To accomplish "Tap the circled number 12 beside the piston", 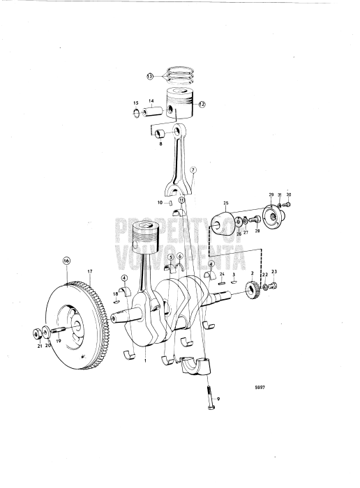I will pos(202,105).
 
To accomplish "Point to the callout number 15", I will pos(136,103).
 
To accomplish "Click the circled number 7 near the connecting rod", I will pos(193,169).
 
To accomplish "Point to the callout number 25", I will pos(225,203).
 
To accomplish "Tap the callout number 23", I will pos(274,271).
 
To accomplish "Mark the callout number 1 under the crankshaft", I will pos(145,361).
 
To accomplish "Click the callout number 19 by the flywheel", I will pos(58,342).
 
